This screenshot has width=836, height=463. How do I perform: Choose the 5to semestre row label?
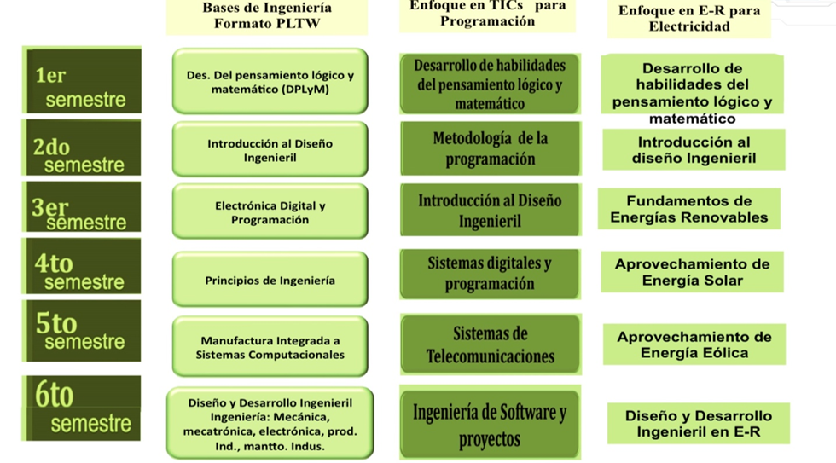point(83,330)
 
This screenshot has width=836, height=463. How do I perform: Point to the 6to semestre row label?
point(83,408)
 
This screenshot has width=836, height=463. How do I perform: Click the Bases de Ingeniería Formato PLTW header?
point(267,16)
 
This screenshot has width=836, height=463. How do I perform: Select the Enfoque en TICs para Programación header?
point(488,14)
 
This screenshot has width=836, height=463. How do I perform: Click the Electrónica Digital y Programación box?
point(270,212)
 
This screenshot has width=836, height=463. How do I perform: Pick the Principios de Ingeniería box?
point(270,281)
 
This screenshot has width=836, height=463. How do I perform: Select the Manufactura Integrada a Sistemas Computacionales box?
point(270,347)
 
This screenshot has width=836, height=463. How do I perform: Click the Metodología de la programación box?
point(490,148)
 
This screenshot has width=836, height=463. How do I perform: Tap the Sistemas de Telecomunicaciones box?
point(490,344)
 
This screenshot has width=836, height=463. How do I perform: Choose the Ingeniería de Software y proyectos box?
point(490,425)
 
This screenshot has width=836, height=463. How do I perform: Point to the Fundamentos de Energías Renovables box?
point(689,209)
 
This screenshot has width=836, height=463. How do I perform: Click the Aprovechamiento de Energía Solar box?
point(692,272)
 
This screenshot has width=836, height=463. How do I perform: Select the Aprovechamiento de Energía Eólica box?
point(694,344)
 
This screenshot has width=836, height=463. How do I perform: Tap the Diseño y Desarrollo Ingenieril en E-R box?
point(698,424)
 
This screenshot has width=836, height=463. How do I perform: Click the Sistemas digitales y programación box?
point(490,274)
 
